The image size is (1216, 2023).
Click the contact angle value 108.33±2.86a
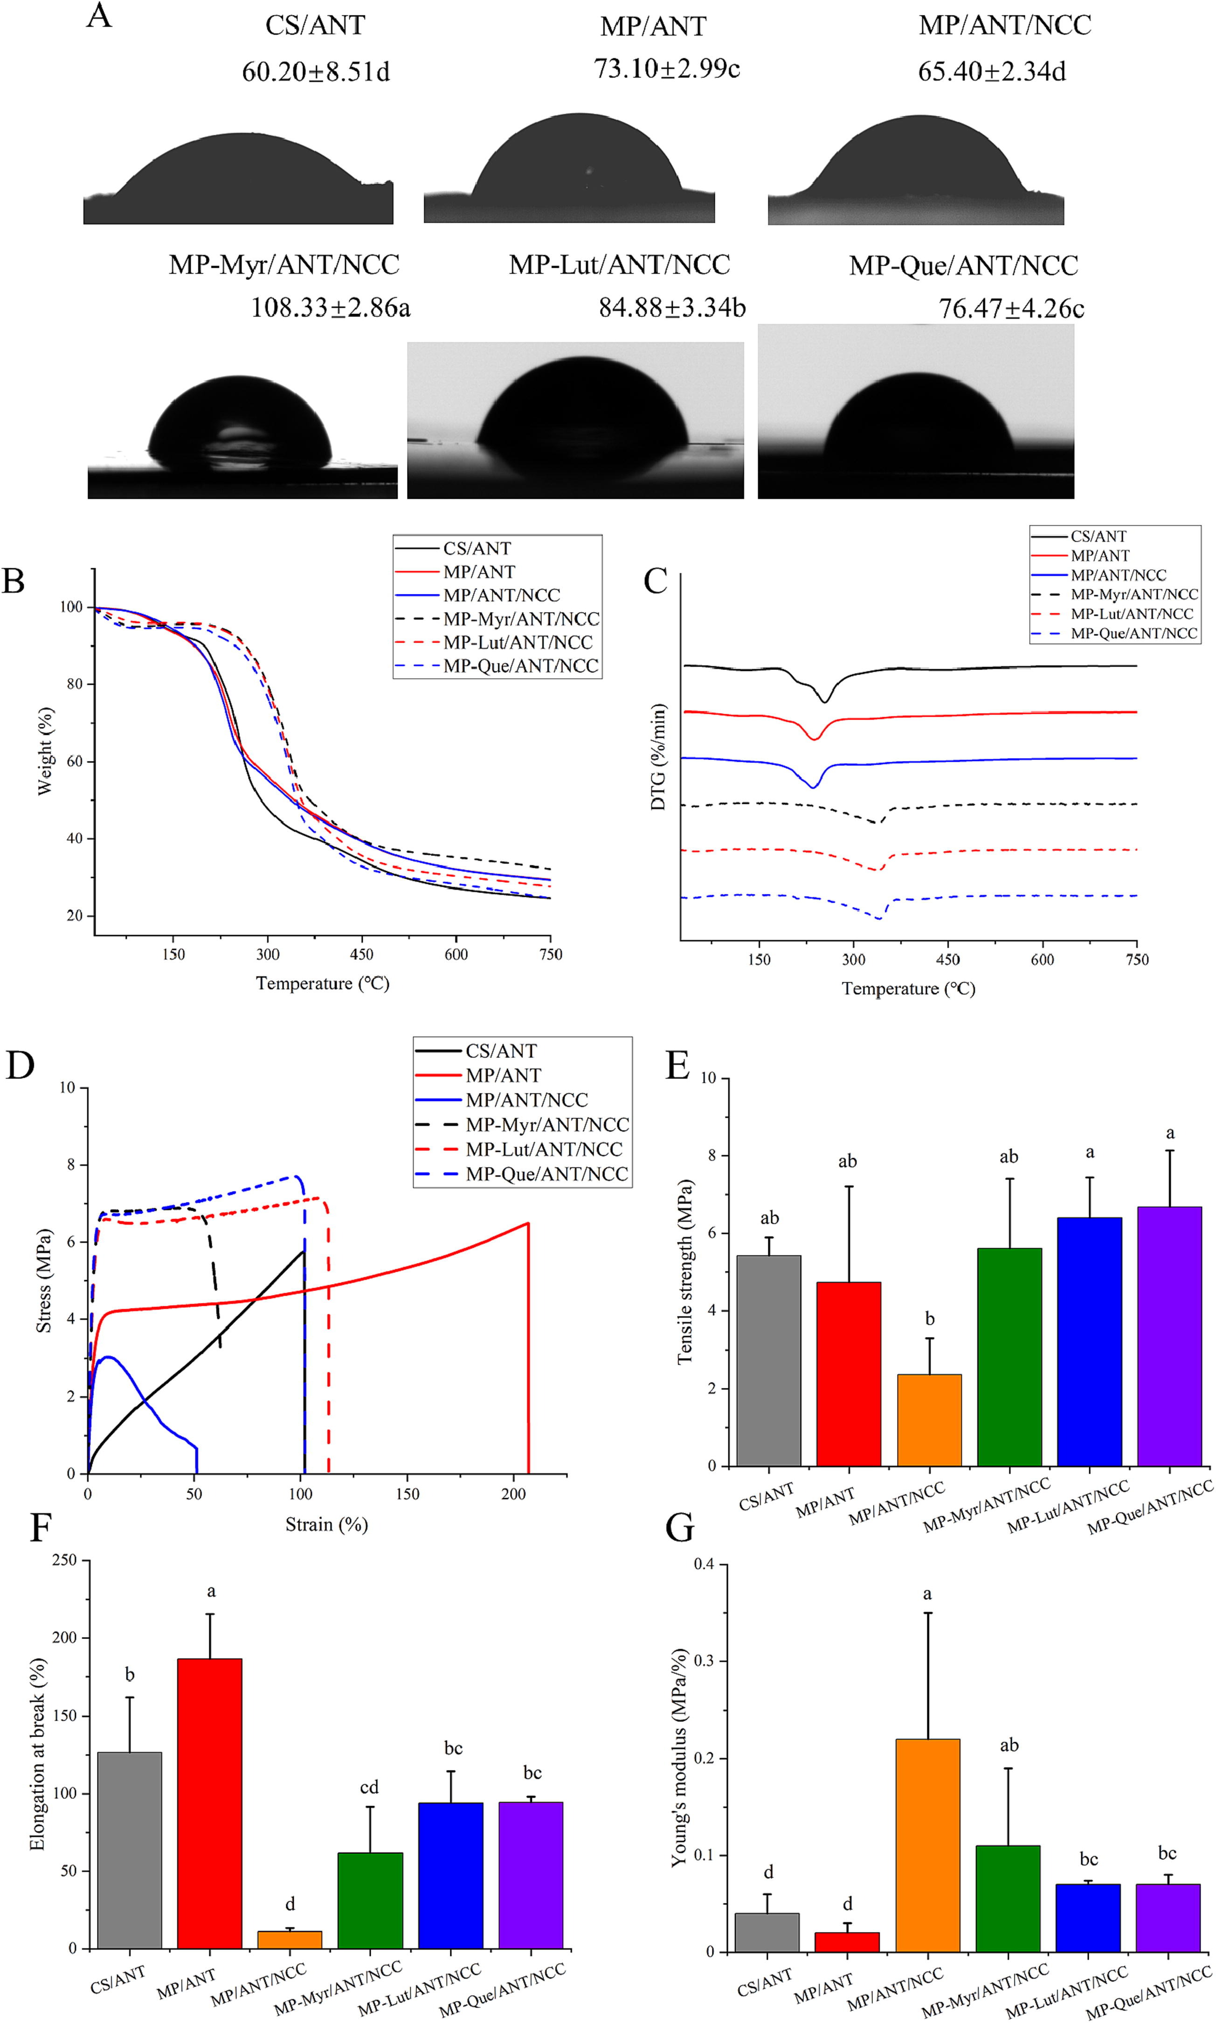(x=330, y=308)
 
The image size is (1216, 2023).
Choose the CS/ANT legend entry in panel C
(x=1098, y=536)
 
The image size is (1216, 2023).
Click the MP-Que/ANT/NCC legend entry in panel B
(x=520, y=666)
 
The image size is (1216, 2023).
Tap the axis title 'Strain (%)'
(x=326, y=1525)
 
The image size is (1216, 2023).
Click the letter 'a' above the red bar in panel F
(x=211, y=1591)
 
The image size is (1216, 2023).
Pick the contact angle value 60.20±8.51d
(x=316, y=72)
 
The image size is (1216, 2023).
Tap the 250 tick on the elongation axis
(x=64, y=1560)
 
